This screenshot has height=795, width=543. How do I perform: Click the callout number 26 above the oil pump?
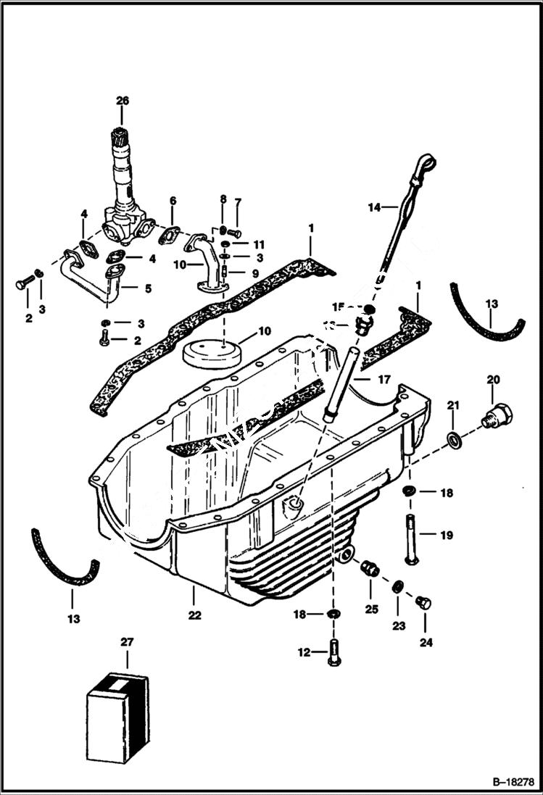pos(122,101)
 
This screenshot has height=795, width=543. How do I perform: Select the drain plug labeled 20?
pos(497,417)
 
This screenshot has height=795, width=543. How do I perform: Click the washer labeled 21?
pos(453,439)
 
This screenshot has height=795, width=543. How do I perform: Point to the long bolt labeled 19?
pos(411,540)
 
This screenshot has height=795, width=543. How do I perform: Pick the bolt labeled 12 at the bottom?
pos(333,653)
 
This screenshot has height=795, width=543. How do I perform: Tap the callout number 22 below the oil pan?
pos(194,615)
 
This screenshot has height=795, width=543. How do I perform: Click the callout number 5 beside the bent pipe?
pos(148,288)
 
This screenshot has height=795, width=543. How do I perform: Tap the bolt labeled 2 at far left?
pos(23,282)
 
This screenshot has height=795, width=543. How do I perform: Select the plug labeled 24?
pos(423,603)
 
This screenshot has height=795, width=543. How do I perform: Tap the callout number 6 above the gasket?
pos(173,200)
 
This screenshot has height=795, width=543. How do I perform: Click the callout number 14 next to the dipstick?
pos(374,208)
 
